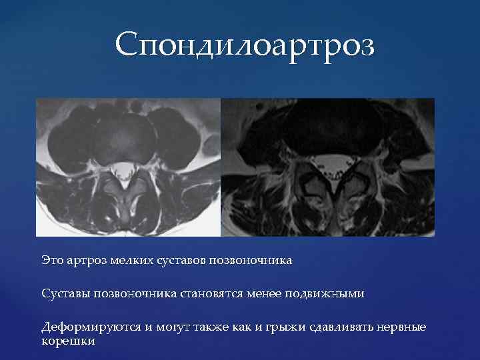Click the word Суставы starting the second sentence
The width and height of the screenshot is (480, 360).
click(x=65, y=293)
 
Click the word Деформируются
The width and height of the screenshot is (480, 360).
click(x=85, y=327)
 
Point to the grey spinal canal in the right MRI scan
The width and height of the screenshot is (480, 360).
click(x=327, y=161)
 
